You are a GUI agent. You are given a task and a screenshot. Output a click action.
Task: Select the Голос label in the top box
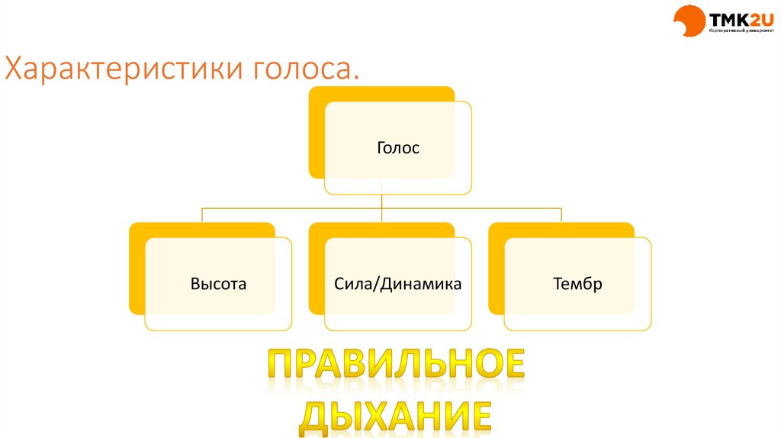tap(397, 148)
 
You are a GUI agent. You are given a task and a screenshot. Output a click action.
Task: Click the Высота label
tap(218, 285)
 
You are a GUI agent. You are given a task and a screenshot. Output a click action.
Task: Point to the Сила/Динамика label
tap(397, 285)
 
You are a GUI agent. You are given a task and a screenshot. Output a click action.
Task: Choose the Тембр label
tap(577, 285)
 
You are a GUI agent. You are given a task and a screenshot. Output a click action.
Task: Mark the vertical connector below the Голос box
tap(382, 200)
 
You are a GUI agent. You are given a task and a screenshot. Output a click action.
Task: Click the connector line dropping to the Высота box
tap(202, 214)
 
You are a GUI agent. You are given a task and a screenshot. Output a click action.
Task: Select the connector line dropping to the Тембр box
tap(561, 214)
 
